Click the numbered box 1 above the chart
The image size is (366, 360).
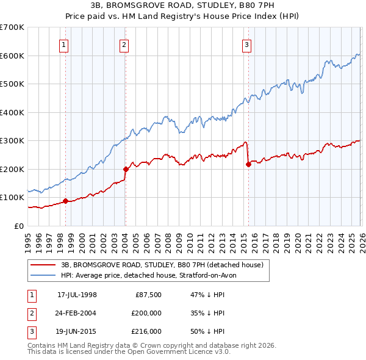64,44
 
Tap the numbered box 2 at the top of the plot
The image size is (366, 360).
124,44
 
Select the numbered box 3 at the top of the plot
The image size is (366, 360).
246,44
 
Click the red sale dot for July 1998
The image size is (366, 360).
65,201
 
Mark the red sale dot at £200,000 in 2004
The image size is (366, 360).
125,169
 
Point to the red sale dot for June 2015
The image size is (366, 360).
248,164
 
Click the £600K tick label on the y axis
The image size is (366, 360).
12,56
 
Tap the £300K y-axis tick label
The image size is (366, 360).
12,140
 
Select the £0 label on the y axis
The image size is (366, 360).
18,226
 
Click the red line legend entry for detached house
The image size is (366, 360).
162,265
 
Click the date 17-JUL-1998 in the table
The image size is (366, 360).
77,294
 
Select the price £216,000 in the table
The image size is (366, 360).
146,332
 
